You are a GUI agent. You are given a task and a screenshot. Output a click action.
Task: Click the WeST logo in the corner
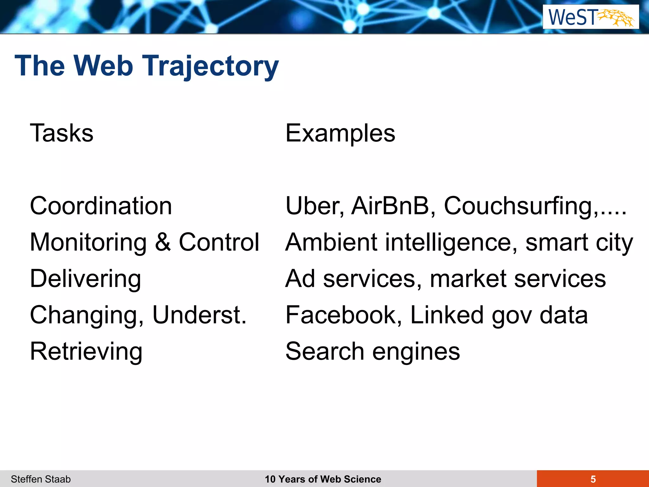[x=591, y=17]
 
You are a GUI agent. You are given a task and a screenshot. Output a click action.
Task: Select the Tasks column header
[x=62, y=133]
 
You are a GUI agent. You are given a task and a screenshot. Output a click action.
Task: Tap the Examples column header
[x=340, y=133]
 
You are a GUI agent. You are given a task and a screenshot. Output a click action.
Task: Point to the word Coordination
[x=101, y=206]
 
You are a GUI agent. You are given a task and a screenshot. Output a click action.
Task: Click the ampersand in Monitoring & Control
[x=163, y=243]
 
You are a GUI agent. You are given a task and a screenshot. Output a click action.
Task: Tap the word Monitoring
[x=88, y=243]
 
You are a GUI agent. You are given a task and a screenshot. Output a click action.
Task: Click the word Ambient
[x=331, y=243]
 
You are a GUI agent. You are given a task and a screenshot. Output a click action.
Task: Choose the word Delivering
[x=86, y=279]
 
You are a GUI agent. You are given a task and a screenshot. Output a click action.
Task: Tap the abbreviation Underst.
[x=199, y=315]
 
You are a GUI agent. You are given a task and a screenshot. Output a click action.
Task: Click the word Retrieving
[x=86, y=352]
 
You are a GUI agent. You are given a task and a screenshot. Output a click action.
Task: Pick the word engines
[x=416, y=352]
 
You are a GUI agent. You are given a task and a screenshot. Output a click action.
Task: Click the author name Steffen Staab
[x=41, y=479]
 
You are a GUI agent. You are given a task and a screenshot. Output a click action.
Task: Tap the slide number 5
[x=593, y=479]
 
